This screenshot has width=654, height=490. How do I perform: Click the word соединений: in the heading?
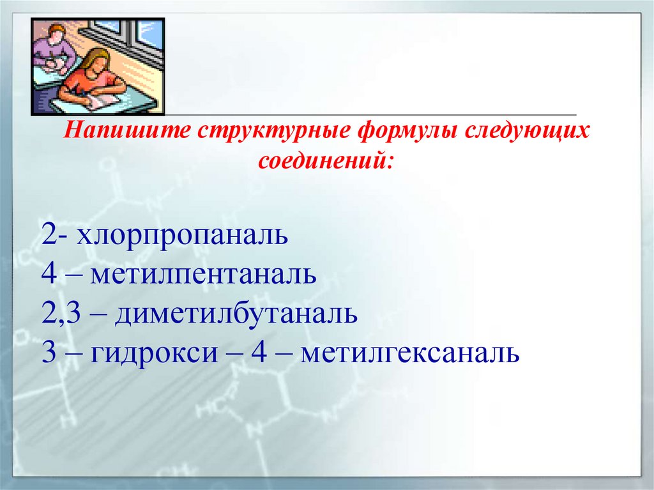tap(326, 159)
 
